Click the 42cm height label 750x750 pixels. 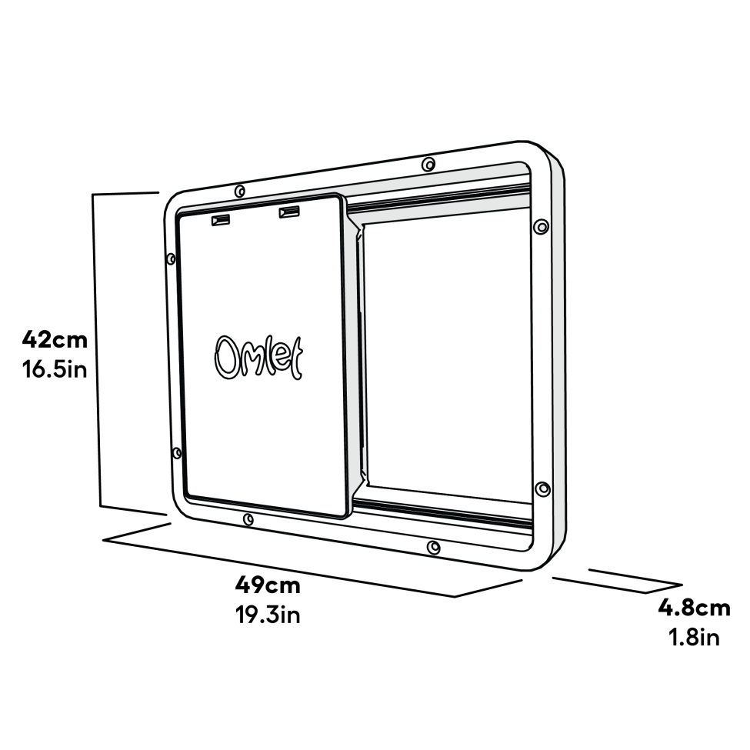point(54,339)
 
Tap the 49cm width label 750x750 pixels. point(268,585)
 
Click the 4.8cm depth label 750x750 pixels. point(694,608)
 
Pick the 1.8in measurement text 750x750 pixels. point(694,638)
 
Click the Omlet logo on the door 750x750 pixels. point(258,357)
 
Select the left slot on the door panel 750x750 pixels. point(221,221)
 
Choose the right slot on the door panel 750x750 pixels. point(289,212)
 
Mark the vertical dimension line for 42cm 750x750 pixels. point(98,350)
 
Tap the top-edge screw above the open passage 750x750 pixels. point(428,164)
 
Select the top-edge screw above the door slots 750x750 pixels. point(239,191)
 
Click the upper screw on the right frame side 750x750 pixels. point(541,226)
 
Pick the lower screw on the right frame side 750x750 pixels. point(542,489)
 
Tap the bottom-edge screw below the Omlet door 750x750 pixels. point(248,520)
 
